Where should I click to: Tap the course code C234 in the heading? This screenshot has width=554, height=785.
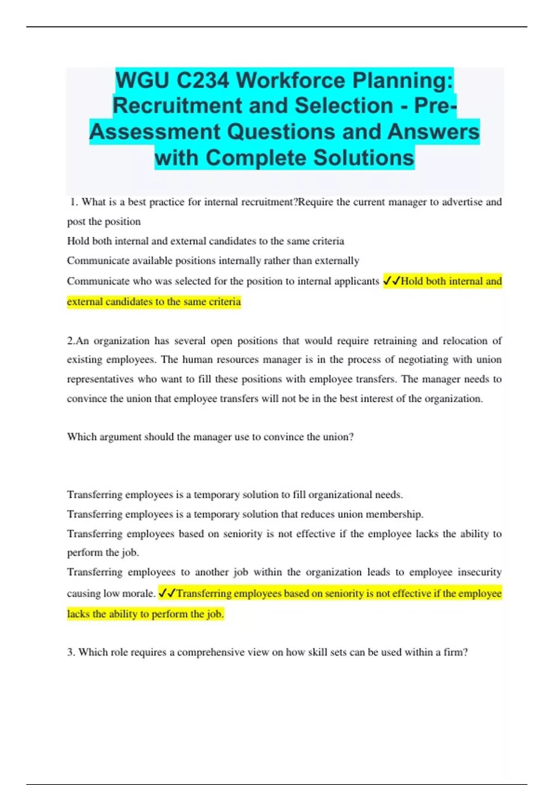[x=203, y=81]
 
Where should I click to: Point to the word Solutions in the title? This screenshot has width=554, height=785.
[x=364, y=158]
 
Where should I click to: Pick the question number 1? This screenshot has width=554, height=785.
[x=74, y=202]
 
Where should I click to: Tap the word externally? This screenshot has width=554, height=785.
[x=337, y=261]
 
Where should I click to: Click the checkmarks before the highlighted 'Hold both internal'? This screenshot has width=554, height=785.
[x=391, y=281]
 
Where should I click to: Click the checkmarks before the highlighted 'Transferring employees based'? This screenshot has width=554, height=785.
[x=167, y=593]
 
